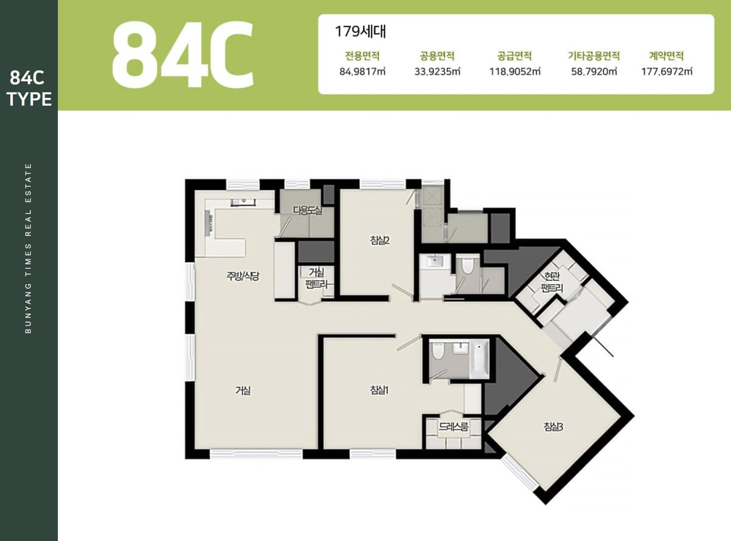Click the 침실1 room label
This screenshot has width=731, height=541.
[x=380, y=391]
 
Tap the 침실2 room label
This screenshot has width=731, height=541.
[x=380, y=240]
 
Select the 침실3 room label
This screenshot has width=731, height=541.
[x=553, y=427]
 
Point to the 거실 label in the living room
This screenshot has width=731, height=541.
[x=243, y=391]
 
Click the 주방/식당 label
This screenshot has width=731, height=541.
[x=243, y=276]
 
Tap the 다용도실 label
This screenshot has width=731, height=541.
[x=308, y=211]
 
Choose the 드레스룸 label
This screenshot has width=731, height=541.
[x=453, y=427]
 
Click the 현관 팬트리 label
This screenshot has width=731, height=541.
[x=552, y=282]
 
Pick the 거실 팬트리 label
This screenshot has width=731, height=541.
[x=317, y=278]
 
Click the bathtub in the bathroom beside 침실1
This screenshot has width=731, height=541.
[x=479, y=359]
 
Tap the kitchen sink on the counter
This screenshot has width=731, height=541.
[x=243, y=202]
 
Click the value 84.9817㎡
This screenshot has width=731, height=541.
[x=362, y=71]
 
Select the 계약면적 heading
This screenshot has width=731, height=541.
[x=666, y=55]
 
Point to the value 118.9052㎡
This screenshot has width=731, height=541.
[x=515, y=71]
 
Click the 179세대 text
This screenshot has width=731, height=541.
[x=360, y=32]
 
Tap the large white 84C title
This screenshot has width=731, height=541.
[x=183, y=54]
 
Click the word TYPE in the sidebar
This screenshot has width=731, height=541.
[x=29, y=99]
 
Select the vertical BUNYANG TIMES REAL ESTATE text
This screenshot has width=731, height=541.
[x=29, y=248]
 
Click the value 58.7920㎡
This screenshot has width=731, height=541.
[x=594, y=71]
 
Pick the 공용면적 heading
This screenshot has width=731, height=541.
[x=437, y=55]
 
